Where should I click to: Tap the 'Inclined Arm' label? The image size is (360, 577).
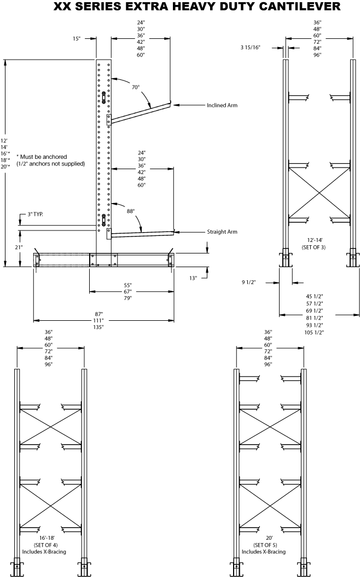coord(222,105)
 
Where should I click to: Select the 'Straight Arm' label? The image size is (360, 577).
coord(222,232)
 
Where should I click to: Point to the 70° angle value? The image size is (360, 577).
coord(136,86)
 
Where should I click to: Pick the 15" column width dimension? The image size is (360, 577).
coord(77,39)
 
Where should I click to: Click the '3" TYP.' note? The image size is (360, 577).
coord(35,214)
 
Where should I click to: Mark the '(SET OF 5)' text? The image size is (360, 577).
coord(269,545)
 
